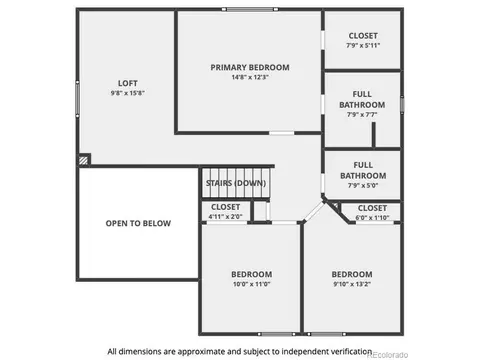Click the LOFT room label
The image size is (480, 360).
pos(128,83)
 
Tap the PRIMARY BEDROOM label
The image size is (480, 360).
pos(250,67)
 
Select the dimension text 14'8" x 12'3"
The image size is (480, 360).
pos(250,77)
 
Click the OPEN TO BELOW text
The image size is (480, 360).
pos(138,223)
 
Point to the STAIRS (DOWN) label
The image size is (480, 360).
pos(236,183)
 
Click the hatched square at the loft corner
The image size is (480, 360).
pos(84,160)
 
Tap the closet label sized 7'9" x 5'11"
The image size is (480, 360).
pos(363,36)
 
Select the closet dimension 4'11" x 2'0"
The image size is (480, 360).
pos(226,217)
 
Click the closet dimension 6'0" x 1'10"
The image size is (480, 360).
pos(372,218)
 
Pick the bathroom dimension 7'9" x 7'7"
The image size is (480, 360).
pos(362,115)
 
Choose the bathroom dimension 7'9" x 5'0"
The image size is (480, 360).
pos(363,185)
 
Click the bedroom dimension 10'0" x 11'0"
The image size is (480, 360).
pos(252,284)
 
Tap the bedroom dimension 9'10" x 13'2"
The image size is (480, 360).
pos(352,284)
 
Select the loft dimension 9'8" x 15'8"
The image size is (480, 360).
pos(128,93)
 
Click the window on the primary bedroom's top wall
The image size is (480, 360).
pos(250,9)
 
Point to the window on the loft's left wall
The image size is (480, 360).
pos(77,99)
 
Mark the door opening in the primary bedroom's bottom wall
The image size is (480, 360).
pos(282,133)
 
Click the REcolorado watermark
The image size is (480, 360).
pos(388,355)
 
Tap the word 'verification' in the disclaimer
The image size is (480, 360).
pos(351,351)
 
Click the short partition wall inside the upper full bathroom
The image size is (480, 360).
pos(374,135)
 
